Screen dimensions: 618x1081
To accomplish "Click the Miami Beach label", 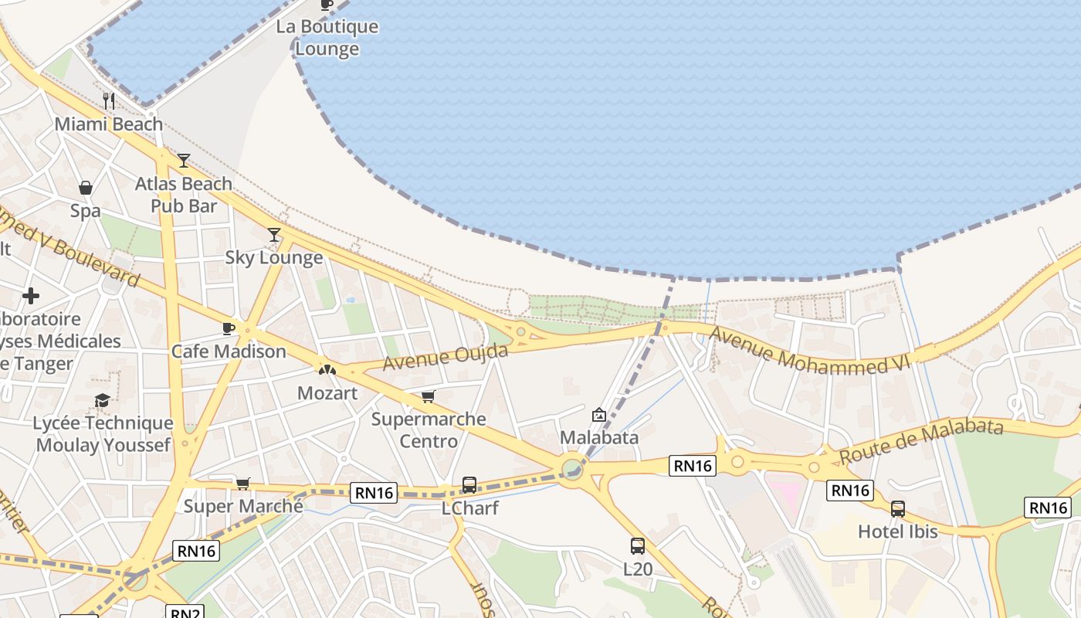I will pos(108,124).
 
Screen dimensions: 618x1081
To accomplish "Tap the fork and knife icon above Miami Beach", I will pos(109,100).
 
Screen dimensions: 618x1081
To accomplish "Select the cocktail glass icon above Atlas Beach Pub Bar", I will pos(184,161).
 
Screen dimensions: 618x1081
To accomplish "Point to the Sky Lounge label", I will pos(274,257).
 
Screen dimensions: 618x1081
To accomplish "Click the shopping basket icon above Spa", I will pos(86,188).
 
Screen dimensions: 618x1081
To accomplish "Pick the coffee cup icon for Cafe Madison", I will pos(229,328).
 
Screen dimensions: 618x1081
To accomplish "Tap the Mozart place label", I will pos(327,393).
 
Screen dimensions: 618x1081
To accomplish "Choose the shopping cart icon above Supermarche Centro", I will pos(429,397).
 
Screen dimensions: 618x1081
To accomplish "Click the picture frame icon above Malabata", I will pos(598,415).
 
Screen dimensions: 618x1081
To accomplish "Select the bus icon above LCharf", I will pos(469,485).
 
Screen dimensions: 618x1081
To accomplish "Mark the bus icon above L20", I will pos(638,546).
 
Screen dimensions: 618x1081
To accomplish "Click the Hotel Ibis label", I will pos(898,531).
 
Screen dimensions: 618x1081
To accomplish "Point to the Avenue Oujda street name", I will pos(446,357).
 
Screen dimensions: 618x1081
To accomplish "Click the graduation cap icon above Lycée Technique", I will pos(102,400).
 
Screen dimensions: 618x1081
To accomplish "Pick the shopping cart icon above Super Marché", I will pos(243,484).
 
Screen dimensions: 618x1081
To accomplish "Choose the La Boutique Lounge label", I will pos(327,38).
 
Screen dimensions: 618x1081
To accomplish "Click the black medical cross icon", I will pos(31,296).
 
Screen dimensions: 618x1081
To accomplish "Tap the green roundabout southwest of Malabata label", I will pos(571,469).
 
